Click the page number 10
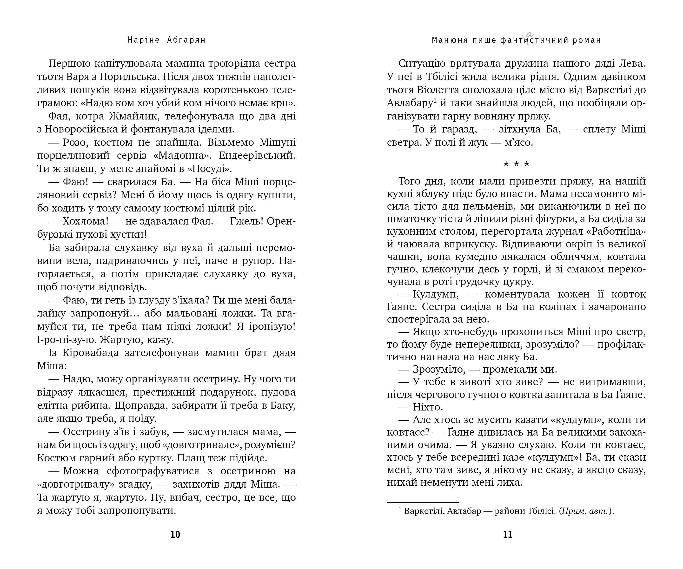point(175,535)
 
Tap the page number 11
point(508,535)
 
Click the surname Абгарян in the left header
point(186,40)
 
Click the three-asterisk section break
point(516,165)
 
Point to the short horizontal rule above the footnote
point(423,502)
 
